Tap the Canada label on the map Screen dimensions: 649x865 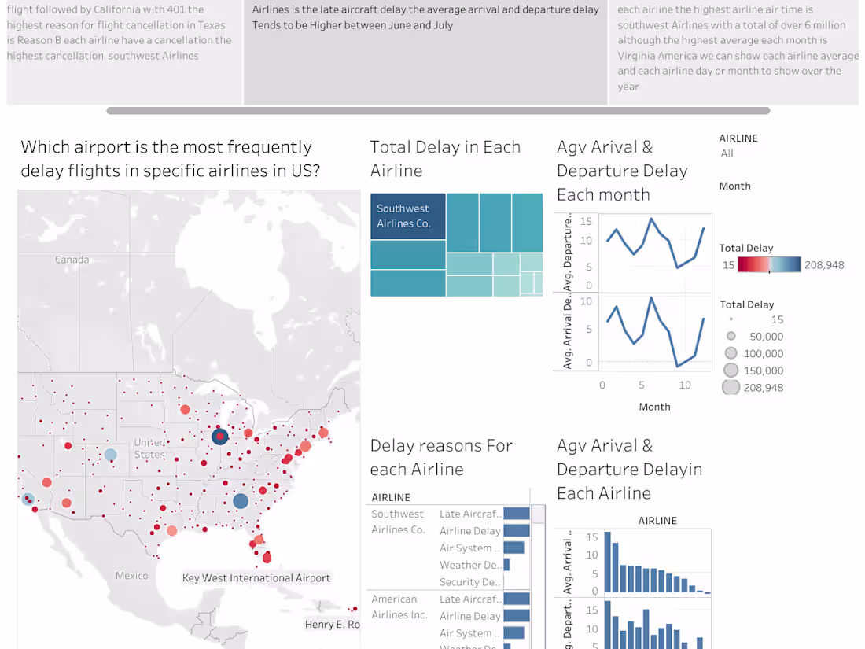72,260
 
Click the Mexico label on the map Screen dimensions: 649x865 131,576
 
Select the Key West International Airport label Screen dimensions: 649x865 256,578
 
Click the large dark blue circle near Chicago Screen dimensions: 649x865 220,436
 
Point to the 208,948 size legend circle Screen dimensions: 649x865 731,387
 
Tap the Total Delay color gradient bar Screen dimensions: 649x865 769,265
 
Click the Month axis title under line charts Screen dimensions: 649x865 654,407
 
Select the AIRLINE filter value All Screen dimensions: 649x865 727,153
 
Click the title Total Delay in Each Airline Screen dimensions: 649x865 445,159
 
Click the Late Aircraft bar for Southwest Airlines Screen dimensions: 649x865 517,514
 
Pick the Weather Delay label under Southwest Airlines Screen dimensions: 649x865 470,565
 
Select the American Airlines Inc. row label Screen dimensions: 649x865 399,607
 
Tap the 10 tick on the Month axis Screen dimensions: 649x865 685,385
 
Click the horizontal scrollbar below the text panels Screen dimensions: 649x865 438,111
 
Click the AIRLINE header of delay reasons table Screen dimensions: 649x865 391,497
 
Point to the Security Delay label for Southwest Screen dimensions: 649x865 470,582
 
